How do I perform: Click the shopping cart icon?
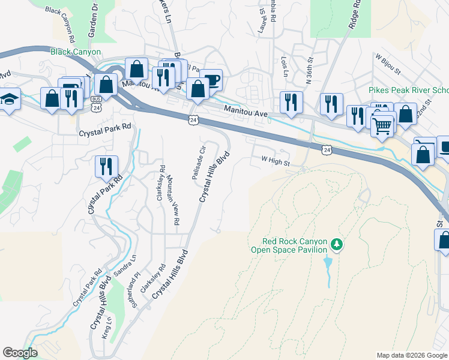(x=382, y=127)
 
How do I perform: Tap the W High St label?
(x=276, y=162)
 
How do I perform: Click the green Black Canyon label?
(x=75, y=52)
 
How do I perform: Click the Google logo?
(x=20, y=353)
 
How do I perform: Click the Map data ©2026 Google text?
(x=411, y=355)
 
